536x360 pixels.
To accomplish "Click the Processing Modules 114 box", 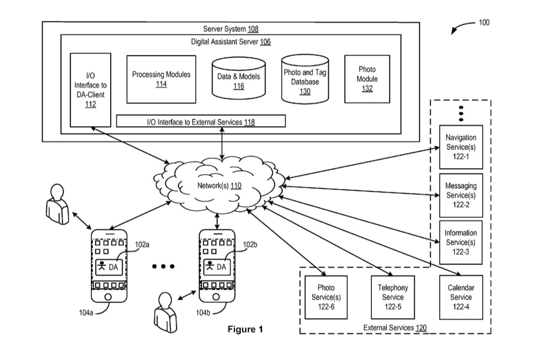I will coord(161,79).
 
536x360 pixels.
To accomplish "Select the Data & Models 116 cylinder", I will coord(239,81).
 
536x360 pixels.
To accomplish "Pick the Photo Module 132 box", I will coord(367,79).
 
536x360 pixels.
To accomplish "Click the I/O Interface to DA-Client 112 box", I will coord(90,90).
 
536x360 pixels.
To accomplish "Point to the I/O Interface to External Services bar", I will coord(201,122).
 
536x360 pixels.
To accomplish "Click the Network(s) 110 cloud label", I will coord(219,185).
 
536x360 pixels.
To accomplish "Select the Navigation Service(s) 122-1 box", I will coord(461,147).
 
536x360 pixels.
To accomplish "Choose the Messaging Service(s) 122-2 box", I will coord(461,195).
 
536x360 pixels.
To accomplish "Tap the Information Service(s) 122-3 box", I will coord(461,242).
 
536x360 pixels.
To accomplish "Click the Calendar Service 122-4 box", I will coord(461,297).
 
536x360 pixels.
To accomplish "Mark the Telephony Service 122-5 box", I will coord(392,297).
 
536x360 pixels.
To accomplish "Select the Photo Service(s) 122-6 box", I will coord(326,297).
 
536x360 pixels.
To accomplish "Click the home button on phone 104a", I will coord(108,296).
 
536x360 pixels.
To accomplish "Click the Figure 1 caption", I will coord(245,329).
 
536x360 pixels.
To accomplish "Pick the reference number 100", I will coord(484,23).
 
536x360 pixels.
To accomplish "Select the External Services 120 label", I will coord(395,328).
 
